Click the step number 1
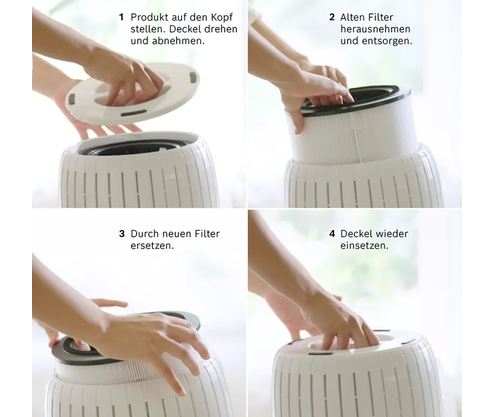(121, 17)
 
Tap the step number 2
(332, 17)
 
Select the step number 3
(122, 234)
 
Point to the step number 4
(332, 234)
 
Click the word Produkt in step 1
(149, 17)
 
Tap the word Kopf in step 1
(221, 18)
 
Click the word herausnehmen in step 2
(375, 29)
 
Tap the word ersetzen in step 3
(152, 246)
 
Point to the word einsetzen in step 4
(364, 246)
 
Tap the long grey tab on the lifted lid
(134, 113)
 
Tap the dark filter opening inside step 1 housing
(132, 147)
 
